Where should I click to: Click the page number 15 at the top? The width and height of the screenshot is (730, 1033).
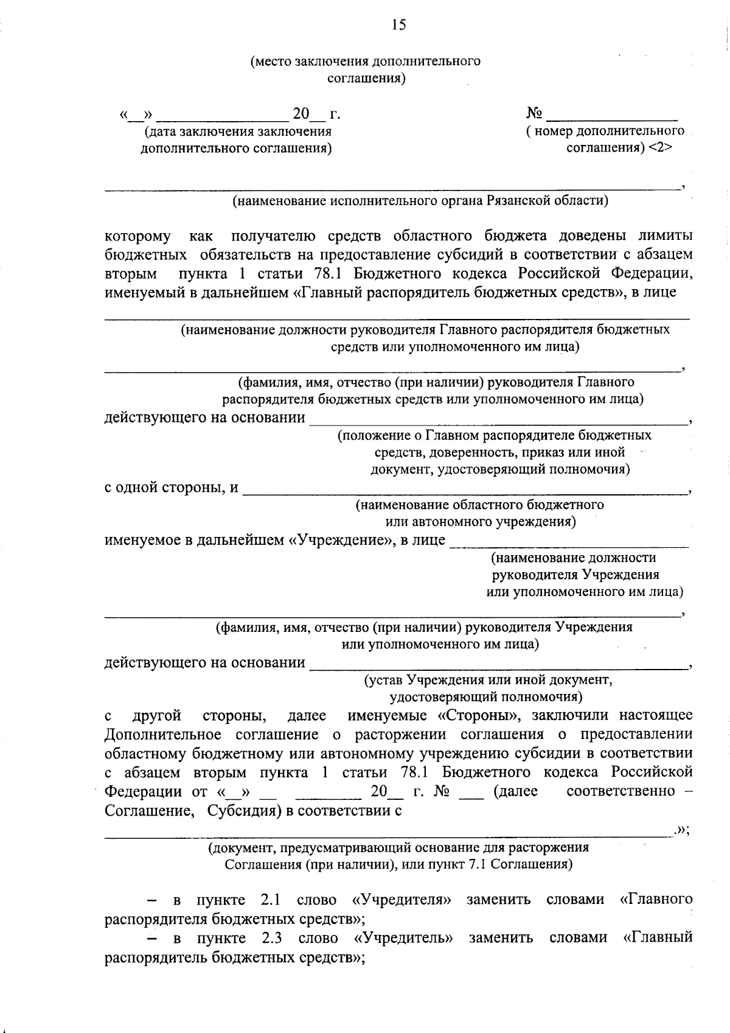(x=398, y=25)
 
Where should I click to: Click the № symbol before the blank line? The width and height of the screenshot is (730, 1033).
(x=534, y=113)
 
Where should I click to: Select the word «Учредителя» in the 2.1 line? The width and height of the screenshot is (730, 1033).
(x=401, y=900)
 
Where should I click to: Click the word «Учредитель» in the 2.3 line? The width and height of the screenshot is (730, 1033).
(x=403, y=938)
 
